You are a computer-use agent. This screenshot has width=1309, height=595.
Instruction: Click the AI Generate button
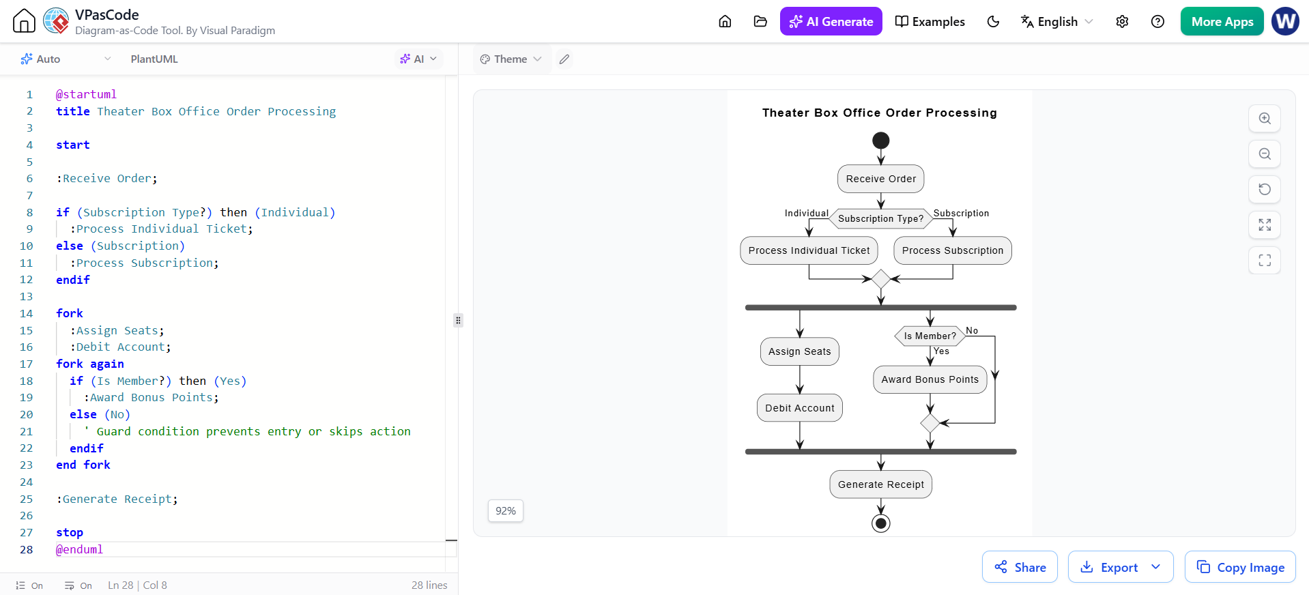831,21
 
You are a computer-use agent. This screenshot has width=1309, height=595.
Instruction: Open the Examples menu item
930,21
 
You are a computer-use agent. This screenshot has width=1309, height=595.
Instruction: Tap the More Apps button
1222,21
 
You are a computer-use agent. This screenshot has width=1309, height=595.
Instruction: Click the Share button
1020,567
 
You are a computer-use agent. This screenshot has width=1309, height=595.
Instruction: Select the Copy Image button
1240,567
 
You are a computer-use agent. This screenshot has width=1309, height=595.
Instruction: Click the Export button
1121,567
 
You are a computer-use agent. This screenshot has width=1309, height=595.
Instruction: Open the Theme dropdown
510,59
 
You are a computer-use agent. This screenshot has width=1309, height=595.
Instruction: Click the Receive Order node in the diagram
881,179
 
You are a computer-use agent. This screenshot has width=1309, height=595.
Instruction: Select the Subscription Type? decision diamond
881,218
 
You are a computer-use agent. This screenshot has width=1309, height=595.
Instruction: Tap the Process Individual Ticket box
809,250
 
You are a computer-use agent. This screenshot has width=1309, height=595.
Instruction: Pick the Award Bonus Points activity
930,379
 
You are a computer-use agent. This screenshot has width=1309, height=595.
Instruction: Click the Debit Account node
800,408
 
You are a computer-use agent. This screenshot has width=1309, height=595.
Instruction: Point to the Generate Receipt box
881,484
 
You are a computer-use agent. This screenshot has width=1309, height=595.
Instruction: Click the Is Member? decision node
930,336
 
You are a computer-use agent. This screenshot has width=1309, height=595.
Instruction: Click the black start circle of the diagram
881,141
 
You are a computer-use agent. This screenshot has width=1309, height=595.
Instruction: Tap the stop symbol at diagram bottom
881,523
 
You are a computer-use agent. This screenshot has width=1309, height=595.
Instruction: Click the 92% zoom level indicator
506,511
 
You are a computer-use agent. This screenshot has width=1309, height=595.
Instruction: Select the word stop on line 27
70,532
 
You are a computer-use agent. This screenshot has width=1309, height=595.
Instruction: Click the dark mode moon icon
993,22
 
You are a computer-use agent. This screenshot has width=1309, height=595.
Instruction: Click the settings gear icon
1122,22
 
